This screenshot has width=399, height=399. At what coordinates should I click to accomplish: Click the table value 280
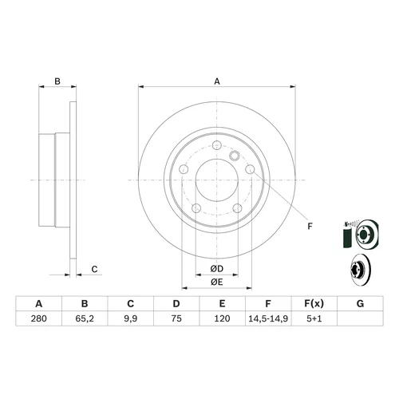click(x=39, y=318)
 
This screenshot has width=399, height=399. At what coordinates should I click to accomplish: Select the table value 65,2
click(x=85, y=318)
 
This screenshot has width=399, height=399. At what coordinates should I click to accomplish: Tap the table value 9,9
click(x=131, y=318)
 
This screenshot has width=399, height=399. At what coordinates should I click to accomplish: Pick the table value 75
click(x=176, y=318)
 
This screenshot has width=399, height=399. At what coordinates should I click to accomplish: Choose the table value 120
click(x=222, y=318)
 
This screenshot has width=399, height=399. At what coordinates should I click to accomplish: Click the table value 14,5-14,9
click(x=268, y=318)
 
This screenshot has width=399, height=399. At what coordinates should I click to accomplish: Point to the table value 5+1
click(x=314, y=318)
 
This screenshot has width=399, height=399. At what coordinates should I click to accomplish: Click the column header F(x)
click(x=314, y=303)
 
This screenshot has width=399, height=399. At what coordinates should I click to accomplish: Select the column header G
click(x=360, y=303)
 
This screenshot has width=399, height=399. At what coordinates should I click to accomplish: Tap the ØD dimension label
click(x=217, y=269)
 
